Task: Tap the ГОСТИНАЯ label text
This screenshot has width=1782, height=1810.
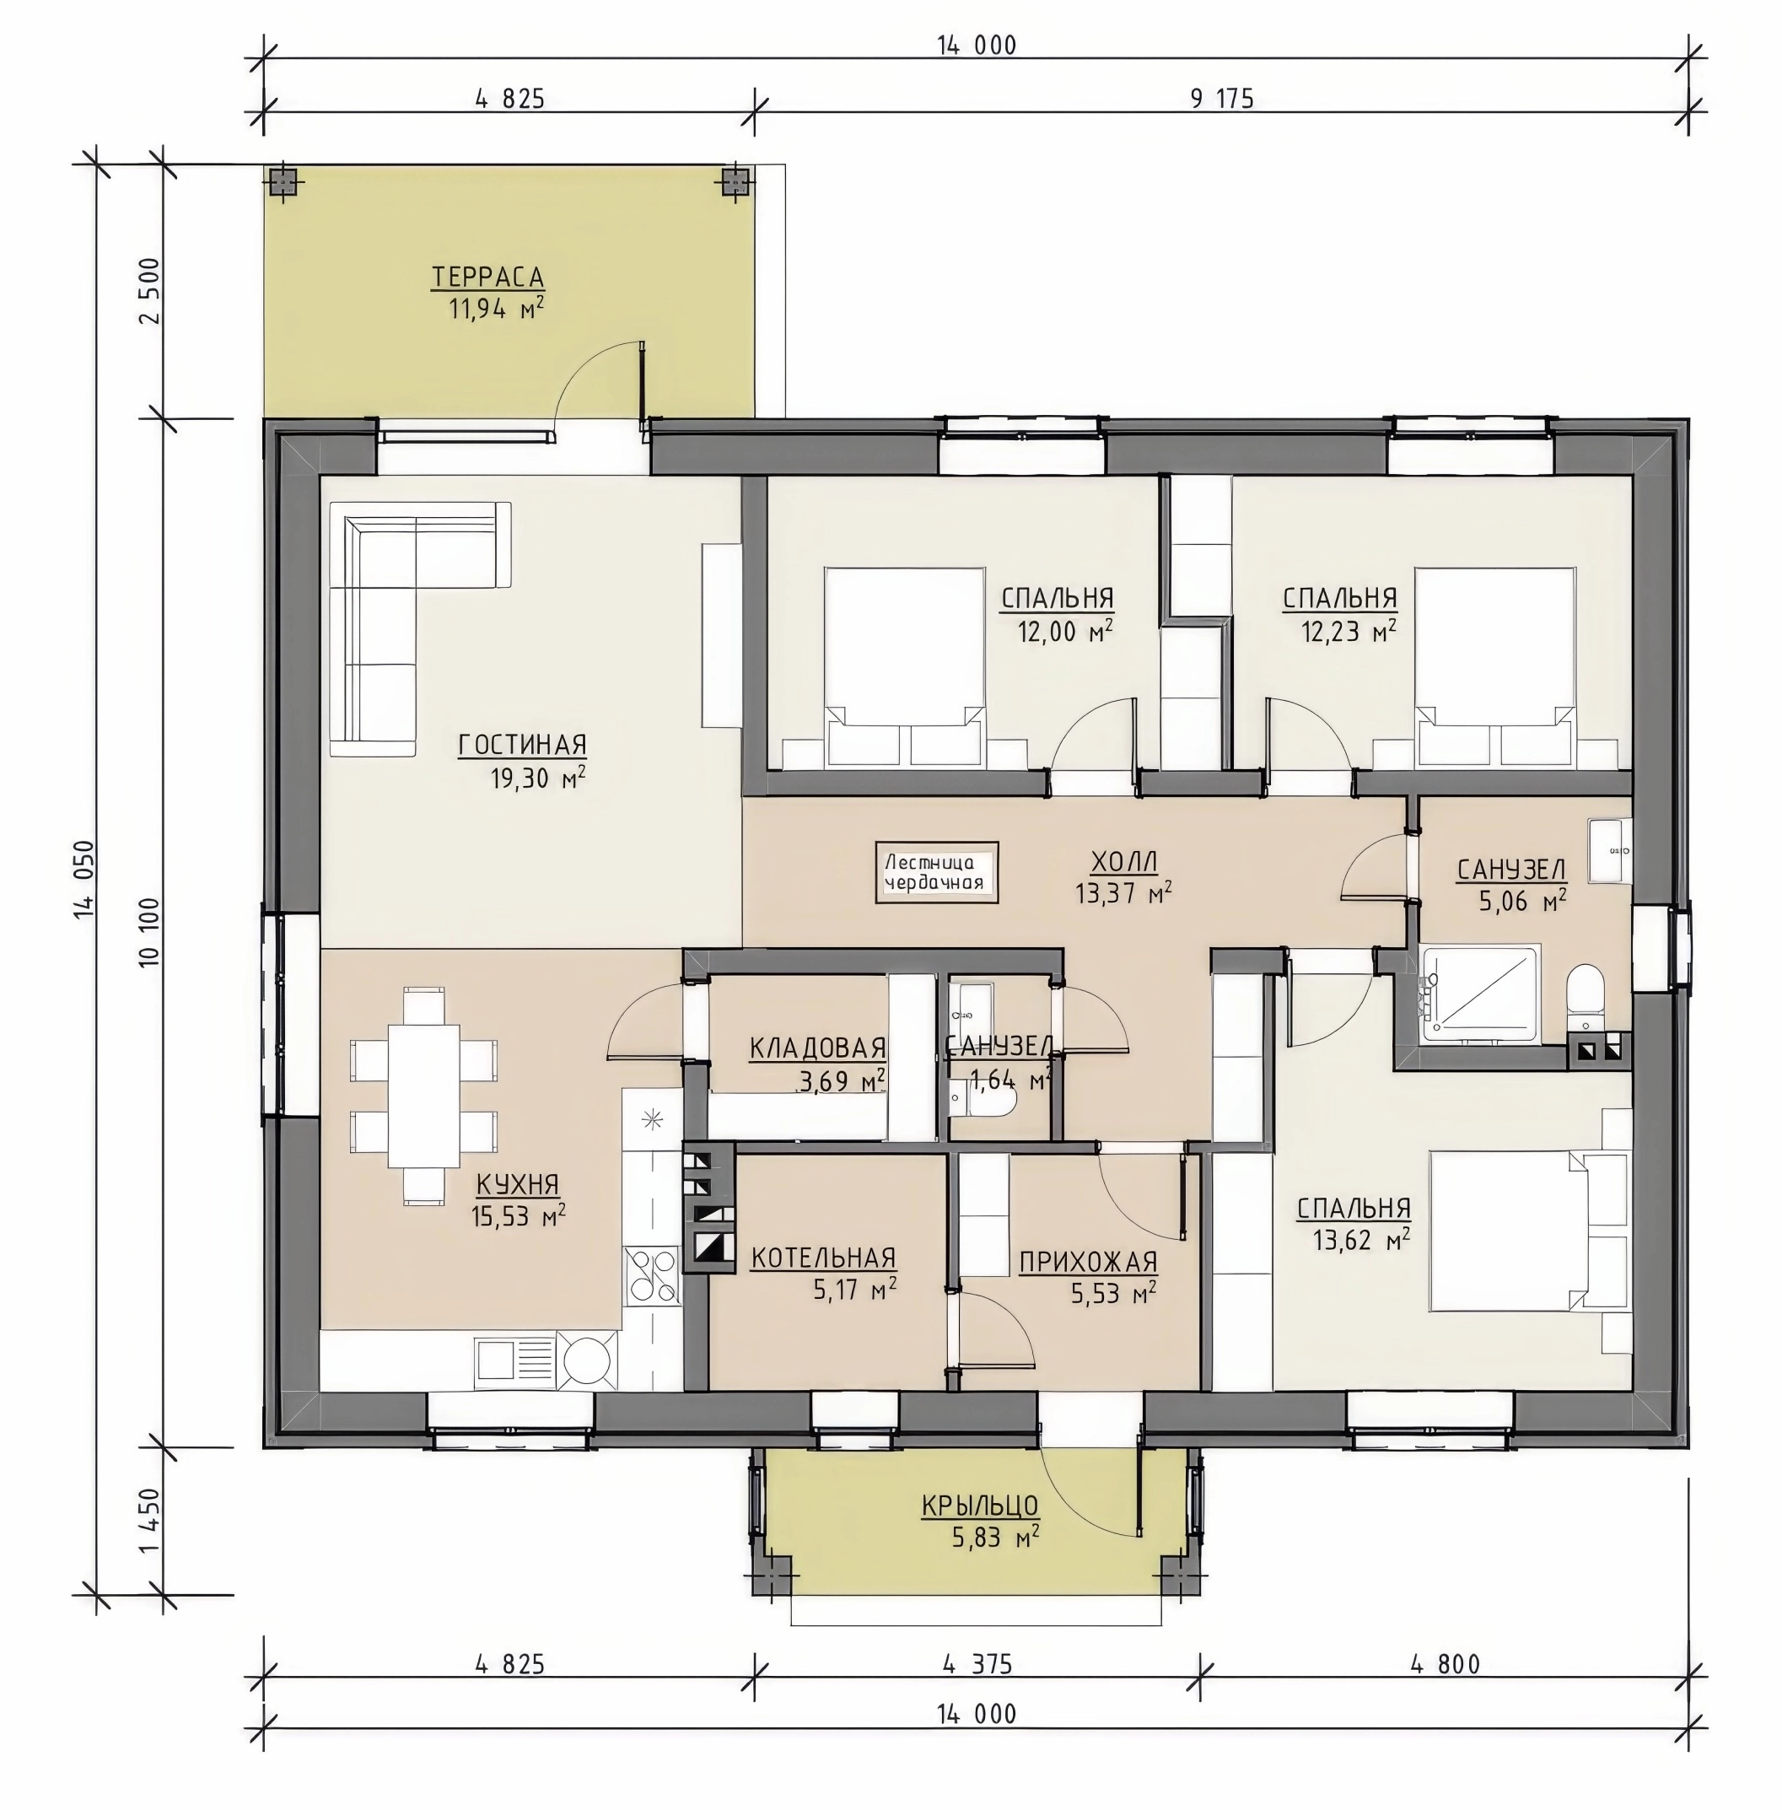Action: [522, 745]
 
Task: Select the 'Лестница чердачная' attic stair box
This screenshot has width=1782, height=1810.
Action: [936, 872]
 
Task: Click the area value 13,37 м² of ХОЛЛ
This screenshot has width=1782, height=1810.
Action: [1123, 893]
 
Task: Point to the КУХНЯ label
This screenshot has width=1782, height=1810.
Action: [518, 1184]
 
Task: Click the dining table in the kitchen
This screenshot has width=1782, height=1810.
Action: [424, 1095]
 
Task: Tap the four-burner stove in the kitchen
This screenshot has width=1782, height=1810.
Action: [653, 1277]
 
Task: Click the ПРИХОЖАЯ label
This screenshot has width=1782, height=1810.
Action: [1089, 1263]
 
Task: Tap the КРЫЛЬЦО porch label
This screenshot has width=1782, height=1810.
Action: [980, 1505]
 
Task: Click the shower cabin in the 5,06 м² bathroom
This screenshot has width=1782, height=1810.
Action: [1478, 994]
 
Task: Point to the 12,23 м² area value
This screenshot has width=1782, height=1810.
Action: [1349, 632]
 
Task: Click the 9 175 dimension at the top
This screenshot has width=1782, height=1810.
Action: [1221, 99]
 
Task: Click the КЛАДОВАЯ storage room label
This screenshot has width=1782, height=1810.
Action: [818, 1048]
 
